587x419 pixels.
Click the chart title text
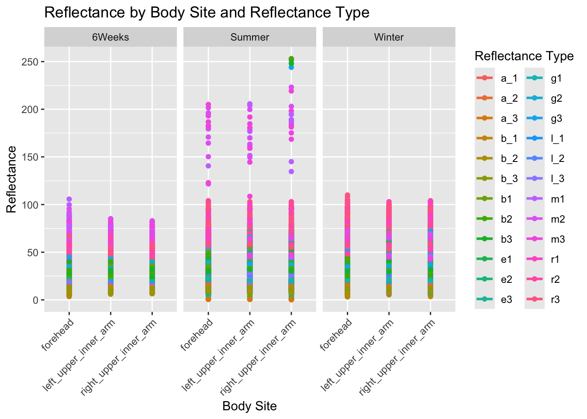207,13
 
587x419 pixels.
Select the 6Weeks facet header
110,37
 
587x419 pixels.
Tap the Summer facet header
249,37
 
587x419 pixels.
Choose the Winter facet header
389,37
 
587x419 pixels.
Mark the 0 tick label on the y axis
36,300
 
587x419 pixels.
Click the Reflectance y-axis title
12,179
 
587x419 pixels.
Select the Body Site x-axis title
249,406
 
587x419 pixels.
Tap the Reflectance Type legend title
524,56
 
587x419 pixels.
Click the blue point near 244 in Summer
291,67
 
